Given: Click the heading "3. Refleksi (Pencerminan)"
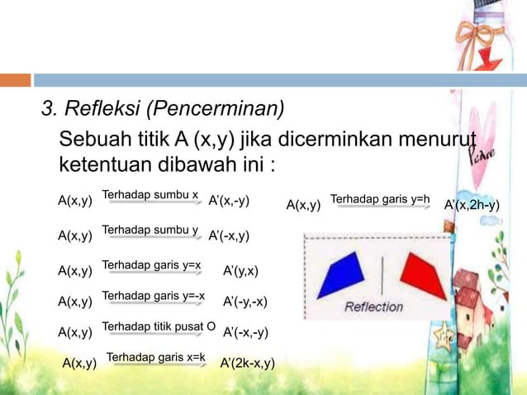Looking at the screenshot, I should tap(163, 109).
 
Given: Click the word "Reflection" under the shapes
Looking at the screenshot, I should tap(373, 307).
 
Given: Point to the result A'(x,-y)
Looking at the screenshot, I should tap(230, 201).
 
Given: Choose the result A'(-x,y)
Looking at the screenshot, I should tap(230, 236).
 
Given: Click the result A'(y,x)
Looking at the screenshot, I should tap(241, 270).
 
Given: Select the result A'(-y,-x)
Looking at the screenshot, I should tap(245, 302).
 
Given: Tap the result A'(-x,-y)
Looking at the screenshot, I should tap(245, 332).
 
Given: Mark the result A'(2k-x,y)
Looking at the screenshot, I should tap(247, 363).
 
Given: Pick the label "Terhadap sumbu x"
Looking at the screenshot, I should tap(150, 196).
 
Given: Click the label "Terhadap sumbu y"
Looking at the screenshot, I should tap(150, 230).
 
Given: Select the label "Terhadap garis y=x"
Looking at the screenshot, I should tap(151, 264).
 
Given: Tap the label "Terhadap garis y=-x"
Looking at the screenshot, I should tap(153, 295).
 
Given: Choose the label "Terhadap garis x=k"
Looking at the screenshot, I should tap(155, 357).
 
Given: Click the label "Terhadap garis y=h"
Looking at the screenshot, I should tap(380, 199).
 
